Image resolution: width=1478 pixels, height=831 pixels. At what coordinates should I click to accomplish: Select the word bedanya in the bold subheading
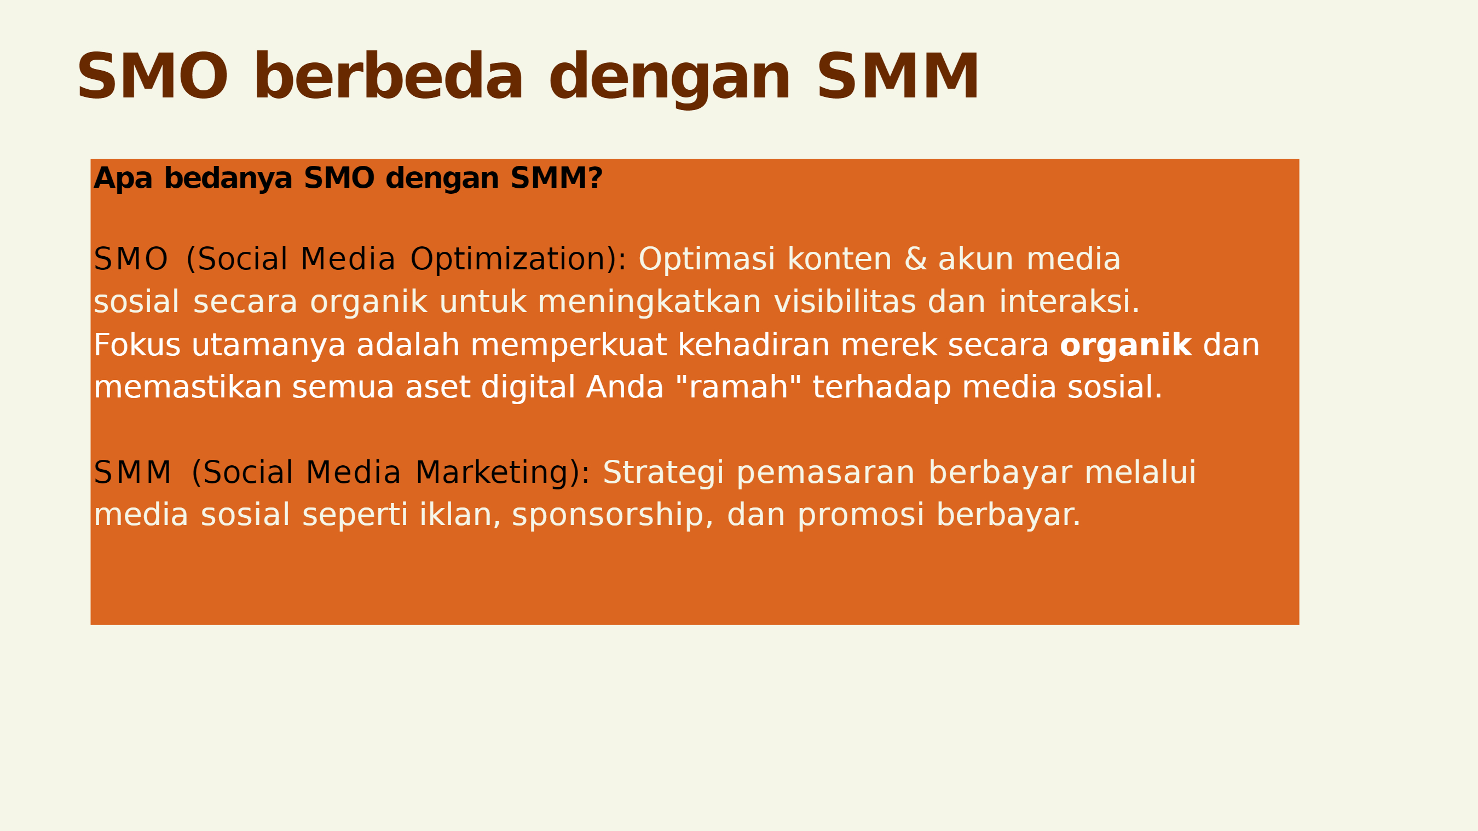click(x=228, y=178)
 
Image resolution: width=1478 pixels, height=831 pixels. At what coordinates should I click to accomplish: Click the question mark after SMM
click(x=596, y=178)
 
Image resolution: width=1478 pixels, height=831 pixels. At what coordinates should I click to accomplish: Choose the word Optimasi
click(x=707, y=259)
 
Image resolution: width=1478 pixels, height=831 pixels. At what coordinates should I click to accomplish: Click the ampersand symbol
click(x=916, y=259)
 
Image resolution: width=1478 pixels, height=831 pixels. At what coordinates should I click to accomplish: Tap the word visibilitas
click(x=845, y=302)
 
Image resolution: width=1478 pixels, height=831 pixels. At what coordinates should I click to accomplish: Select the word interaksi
click(x=1069, y=302)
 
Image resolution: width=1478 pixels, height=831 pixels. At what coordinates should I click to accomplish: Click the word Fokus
click(x=136, y=345)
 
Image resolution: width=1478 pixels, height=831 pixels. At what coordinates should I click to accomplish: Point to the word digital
click(x=528, y=388)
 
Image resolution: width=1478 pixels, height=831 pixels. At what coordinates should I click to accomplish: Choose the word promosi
click(x=861, y=515)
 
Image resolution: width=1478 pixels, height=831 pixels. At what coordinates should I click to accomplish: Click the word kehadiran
click(x=754, y=345)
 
